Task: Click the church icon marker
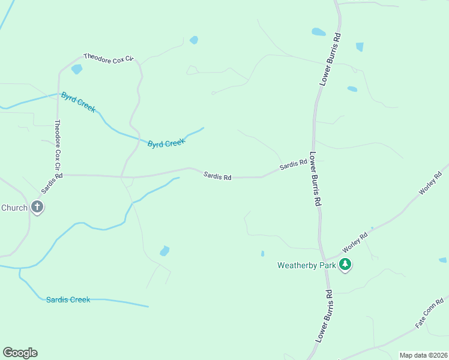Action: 37,208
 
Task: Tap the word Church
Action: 14,208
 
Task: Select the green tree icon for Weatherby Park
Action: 345,264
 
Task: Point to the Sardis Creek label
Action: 68,299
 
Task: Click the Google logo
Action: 20,353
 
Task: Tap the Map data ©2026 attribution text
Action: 423,355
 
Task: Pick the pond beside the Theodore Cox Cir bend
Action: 76,69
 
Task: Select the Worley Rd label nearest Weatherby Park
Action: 355,243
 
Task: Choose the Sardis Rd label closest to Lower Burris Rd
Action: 293,165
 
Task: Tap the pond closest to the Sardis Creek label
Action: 164,251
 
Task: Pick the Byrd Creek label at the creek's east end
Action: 166,143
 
